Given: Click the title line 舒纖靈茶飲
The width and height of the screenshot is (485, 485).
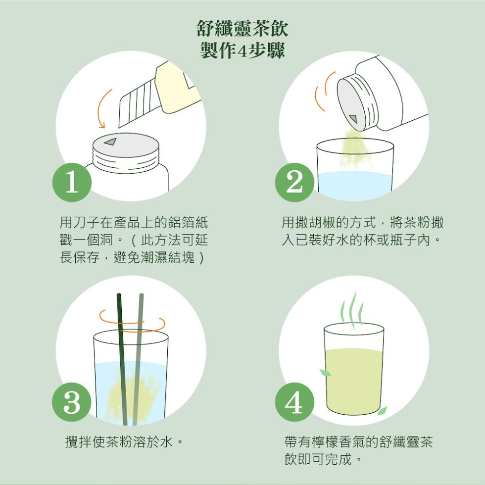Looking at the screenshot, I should [242, 29].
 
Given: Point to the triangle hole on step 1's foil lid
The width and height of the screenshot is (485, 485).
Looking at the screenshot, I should [110, 142].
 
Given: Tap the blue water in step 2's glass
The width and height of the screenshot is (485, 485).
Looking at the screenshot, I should [355, 186].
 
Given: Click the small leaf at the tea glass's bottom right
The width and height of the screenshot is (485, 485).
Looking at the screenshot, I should [382, 410].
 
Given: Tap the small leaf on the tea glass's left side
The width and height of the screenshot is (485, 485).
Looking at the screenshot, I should [325, 373].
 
